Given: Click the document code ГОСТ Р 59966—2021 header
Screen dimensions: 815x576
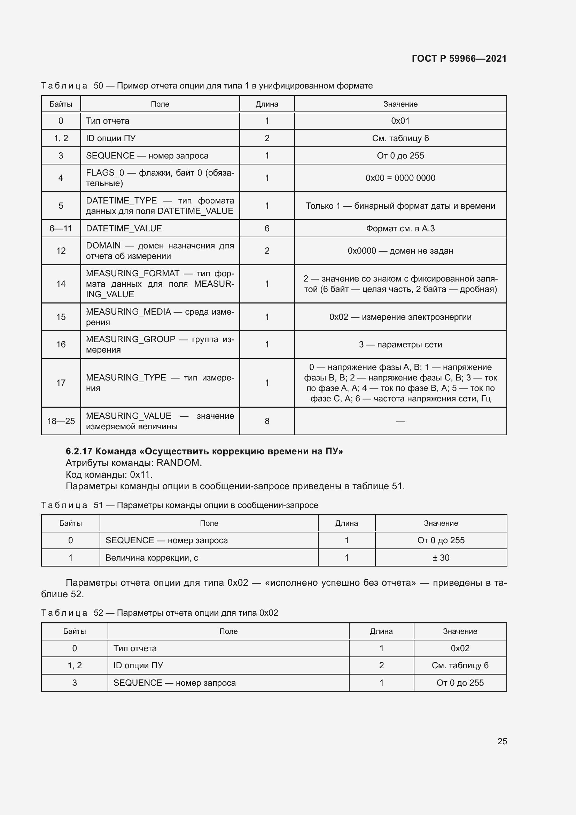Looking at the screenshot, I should coord(459,59).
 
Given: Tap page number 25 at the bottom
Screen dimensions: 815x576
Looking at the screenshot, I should coord(502,741).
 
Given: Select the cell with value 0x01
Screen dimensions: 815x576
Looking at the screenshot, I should coord(400,121).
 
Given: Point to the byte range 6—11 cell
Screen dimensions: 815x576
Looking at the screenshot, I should coord(61,228).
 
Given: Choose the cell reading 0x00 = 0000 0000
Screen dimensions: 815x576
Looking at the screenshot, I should coord(400,178).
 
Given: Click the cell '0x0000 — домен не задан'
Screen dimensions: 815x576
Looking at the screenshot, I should coord(400,251).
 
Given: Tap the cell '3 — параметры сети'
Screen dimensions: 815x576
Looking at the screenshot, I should coord(400,344).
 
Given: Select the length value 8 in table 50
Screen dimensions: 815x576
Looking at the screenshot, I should coord(267,421).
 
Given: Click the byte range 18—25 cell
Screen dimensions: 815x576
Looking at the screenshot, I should coord(61,421).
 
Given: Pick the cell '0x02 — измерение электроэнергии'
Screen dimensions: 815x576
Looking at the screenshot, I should coord(400,317).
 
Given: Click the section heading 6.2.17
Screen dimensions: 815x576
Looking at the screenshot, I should coord(204,451).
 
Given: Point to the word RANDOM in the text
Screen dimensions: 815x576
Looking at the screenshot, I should coord(179,462).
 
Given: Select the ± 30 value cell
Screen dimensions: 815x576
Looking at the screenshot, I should coord(441,558).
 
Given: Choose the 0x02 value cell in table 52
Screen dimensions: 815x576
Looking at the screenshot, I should coord(460,648).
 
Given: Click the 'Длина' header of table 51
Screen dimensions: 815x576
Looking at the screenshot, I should coord(347,523).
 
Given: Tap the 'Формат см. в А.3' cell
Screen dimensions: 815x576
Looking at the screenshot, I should coord(400,228).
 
